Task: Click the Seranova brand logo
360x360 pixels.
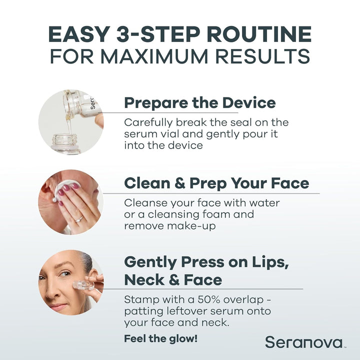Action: click(304, 342)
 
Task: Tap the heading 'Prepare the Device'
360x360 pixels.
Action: click(199, 103)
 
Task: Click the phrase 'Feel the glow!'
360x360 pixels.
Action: click(160, 338)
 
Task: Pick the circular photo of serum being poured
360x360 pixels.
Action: click(71, 122)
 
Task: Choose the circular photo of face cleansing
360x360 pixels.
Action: click(71, 202)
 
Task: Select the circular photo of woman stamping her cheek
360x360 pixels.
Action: click(71, 282)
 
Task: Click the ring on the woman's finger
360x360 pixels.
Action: click(78, 218)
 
